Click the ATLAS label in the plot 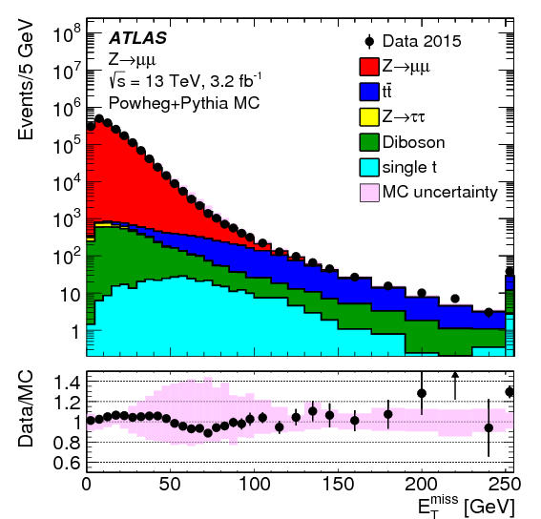click(138, 38)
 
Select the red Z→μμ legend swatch click(369, 67)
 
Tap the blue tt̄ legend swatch click(369, 92)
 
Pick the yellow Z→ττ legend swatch click(369, 117)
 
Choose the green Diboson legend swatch click(369, 142)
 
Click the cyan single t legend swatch click(369, 167)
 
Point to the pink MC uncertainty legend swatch click(369, 193)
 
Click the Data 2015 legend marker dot click(369, 41)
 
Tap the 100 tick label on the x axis click(255, 484)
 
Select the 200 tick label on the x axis click(422, 484)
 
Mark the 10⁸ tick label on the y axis click(68, 33)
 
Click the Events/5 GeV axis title click(26, 80)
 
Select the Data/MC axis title click(26, 409)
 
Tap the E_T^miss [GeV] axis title click(467, 506)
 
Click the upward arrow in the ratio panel click(455, 385)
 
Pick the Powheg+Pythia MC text click(184, 104)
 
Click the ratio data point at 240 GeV click(489, 428)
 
